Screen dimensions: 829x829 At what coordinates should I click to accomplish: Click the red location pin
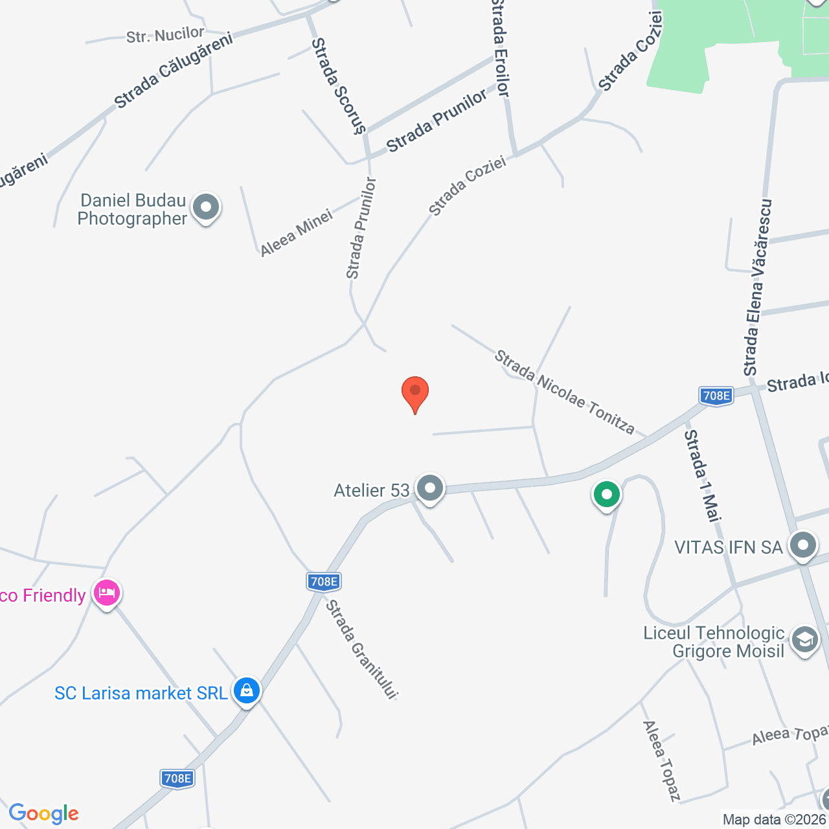(x=415, y=392)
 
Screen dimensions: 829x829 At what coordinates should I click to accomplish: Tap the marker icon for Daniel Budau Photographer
(x=207, y=209)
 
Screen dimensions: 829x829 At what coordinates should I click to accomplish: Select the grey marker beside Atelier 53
(x=429, y=489)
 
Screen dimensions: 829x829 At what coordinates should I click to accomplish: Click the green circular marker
(x=607, y=495)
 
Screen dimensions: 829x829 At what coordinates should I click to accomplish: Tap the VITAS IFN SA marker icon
(x=803, y=546)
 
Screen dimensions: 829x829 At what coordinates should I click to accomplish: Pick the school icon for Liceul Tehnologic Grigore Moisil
(x=804, y=641)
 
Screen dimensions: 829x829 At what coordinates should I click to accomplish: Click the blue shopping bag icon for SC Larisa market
(x=247, y=691)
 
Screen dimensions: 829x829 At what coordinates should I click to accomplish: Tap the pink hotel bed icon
(x=107, y=593)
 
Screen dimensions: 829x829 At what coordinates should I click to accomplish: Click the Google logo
(x=43, y=813)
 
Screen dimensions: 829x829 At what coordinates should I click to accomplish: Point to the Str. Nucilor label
(x=165, y=35)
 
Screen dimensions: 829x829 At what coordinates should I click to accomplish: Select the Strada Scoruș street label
(x=338, y=85)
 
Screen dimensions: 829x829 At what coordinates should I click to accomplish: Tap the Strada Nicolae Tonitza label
(x=564, y=391)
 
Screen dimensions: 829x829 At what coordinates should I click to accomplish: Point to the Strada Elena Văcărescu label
(x=758, y=288)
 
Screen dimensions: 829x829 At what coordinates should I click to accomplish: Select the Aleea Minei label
(x=297, y=233)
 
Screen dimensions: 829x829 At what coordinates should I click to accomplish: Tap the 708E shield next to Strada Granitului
(x=324, y=582)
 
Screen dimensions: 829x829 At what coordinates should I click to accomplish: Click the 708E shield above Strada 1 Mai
(x=716, y=396)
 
